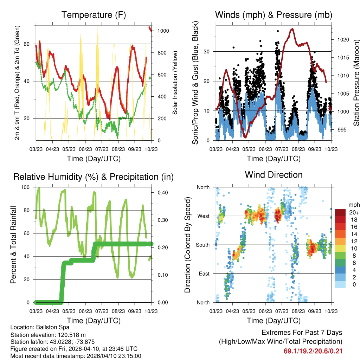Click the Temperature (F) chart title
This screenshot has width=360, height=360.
click(x=94, y=15)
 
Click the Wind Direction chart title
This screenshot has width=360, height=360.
click(x=274, y=175)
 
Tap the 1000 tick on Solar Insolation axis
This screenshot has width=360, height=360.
click(x=163, y=31)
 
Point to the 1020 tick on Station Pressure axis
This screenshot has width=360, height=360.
click(x=343, y=40)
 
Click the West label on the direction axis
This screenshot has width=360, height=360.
click(x=203, y=216)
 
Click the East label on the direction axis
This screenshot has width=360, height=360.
click(x=204, y=274)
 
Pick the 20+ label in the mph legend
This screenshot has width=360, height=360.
click(x=354, y=213)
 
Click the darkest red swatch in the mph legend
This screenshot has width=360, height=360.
click(x=340, y=212)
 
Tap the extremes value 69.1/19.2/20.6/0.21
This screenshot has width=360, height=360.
click(x=313, y=351)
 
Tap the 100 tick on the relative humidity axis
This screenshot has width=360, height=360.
click(x=26, y=187)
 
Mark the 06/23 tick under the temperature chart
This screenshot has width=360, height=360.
click(x=85, y=149)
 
